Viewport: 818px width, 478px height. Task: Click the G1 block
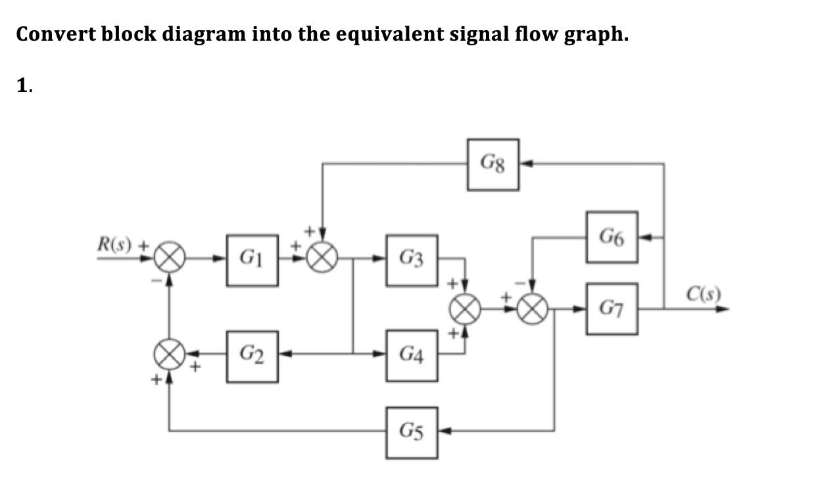pos(253,260)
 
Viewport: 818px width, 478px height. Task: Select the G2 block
pos(253,357)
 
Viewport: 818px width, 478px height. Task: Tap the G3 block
pos(412,260)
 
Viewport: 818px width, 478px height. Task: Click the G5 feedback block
pos(412,432)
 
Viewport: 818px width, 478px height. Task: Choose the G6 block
pos(612,237)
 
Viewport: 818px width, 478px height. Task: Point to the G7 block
pos(612,309)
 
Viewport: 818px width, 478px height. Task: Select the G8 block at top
pos(493,164)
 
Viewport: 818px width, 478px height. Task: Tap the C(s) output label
pos(704,292)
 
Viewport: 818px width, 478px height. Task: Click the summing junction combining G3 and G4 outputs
pos(466,308)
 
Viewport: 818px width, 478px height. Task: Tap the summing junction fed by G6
pos(533,308)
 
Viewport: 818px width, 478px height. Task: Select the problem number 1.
pos(24,85)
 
